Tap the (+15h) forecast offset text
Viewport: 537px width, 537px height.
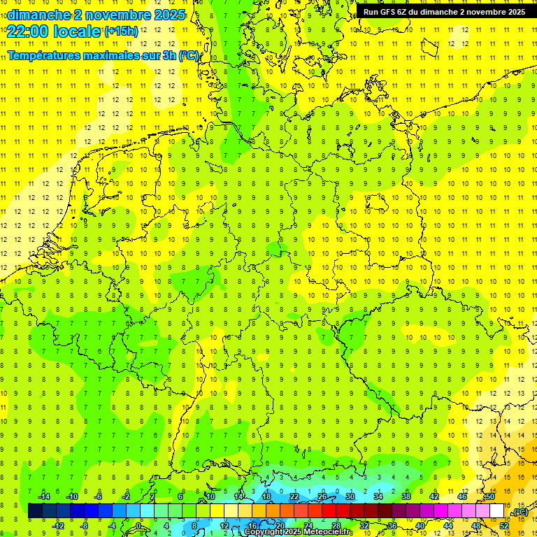[121, 31]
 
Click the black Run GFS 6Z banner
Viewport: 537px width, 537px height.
[444, 12]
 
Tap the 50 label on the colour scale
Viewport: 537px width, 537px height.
[490, 496]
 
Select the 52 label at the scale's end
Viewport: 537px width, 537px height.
[504, 526]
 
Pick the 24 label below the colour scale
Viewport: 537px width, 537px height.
[308, 526]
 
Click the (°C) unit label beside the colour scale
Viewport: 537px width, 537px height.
[520, 512]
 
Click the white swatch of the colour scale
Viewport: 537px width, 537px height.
[497, 510]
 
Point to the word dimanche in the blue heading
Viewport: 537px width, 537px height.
[35, 15]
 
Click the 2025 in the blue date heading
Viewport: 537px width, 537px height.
[168, 15]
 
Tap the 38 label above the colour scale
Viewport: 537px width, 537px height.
[406, 496]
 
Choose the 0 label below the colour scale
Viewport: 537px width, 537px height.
[138, 526]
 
